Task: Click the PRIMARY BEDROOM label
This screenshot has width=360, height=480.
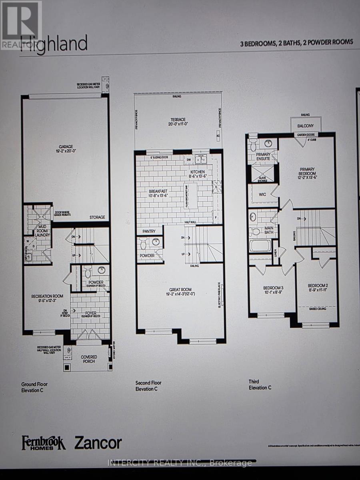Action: (x=307, y=172)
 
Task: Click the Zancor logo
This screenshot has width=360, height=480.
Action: (x=98, y=443)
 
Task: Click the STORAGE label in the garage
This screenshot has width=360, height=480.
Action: (x=97, y=217)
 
